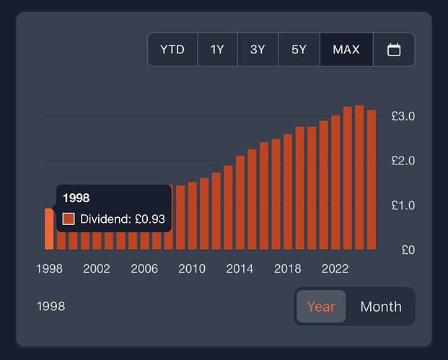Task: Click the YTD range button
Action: coord(172,50)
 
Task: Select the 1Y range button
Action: coord(217,50)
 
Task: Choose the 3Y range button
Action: coord(258,50)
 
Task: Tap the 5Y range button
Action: coord(299,50)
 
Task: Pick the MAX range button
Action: coord(346,50)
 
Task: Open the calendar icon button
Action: coord(394,50)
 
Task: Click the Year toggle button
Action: coord(321,306)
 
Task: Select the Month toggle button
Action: coord(380,306)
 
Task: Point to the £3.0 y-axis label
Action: coord(403,115)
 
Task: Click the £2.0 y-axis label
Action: coord(403,160)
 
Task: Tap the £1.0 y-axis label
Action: coord(403,205)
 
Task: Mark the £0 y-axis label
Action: coord(408,250)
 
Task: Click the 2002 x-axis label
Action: coord(97,268)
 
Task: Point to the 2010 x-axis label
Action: coord(192,268)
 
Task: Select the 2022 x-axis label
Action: coord(335,268)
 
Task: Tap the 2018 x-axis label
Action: coord(288,268)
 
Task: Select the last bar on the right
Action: coord(372,180)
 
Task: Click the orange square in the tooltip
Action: coord(69,219)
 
